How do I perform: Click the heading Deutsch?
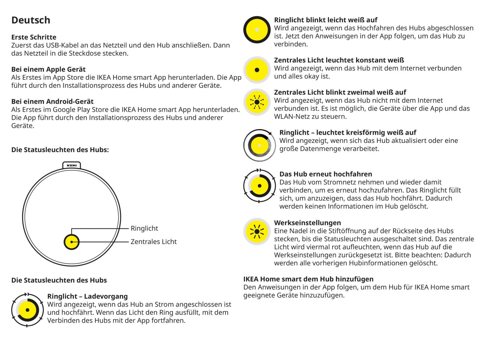[31, 20]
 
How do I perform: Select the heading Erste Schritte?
[34, 37]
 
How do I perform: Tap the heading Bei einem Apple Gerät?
[48, 69]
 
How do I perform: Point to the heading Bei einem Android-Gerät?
[53, 101]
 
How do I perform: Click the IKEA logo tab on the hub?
[72, 165]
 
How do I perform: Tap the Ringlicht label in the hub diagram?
[144, 228]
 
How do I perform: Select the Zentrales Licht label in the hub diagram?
[153, 242]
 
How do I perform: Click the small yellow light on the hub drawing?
[72, 242]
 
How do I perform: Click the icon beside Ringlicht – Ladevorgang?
[27, 310]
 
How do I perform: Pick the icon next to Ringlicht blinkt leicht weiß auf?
[257, 30]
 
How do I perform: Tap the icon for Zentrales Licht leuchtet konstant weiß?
[257, 70]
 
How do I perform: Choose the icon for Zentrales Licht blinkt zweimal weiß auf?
[257, 102]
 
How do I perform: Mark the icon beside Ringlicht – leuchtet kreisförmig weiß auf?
[259, 145]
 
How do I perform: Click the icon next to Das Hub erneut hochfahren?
[259, 186]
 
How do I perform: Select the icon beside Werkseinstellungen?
[257, 232]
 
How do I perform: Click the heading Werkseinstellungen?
[307, 223]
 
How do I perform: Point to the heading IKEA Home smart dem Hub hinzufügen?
[308, 279]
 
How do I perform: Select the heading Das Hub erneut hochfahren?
[325, 174]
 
